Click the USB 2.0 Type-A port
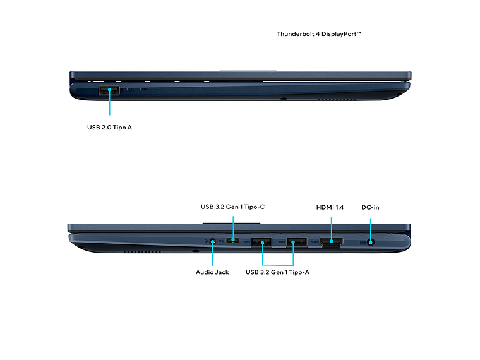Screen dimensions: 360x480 click(x=109, y=90)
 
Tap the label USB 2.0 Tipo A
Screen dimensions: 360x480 click(x=109, y=128)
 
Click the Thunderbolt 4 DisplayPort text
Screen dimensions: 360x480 click(x=319, y=34)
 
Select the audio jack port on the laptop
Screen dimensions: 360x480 click(x=212, y=241)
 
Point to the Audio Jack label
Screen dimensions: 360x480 click(x=212, y=272)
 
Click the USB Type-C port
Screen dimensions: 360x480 click(x=233, y=241)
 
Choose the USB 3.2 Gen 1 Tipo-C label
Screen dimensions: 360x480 click(x=232, y=207)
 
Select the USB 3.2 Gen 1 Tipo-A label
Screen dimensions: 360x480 click(x=277, y=272)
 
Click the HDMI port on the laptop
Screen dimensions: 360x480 click(x=332, y=241)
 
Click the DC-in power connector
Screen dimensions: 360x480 click(x=370, y=241)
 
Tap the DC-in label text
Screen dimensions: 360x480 click(x=370, y=207)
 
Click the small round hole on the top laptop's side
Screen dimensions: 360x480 click(x=282, y=99)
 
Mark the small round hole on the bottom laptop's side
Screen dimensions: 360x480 click(x=195, y=251)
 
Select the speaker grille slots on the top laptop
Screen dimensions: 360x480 click(x=333, y=100)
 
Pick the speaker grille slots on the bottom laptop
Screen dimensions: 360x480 click(x=141, y=251)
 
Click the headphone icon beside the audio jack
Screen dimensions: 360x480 click(x=205, y=240)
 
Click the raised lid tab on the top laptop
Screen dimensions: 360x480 click(x=248, y=71)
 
